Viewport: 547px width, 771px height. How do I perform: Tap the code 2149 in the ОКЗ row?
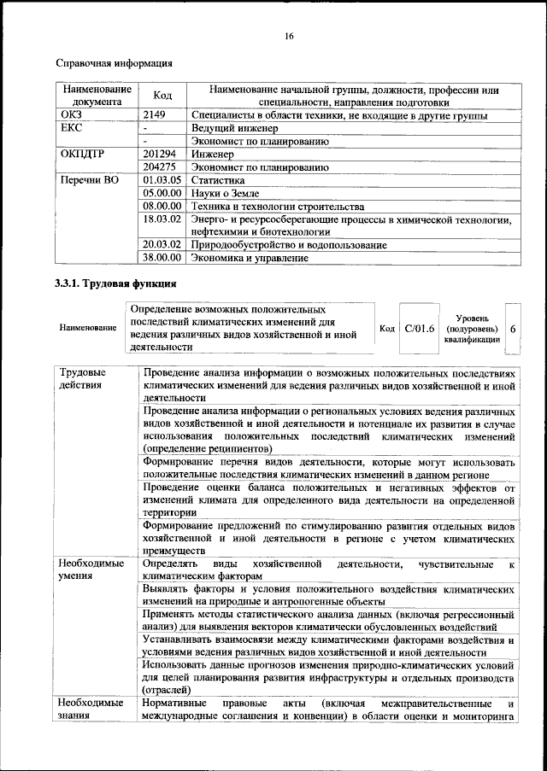156,114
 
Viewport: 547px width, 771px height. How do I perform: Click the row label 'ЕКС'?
71,127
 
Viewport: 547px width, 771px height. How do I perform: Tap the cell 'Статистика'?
215,181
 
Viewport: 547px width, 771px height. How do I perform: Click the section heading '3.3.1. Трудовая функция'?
116,283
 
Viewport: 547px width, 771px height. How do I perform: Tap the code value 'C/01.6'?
420,328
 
